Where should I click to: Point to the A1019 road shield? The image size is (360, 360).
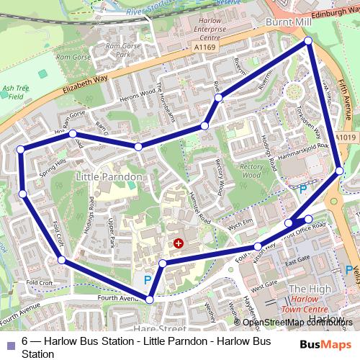[346, 138]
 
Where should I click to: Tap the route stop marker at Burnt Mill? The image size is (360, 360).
[308, 41]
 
